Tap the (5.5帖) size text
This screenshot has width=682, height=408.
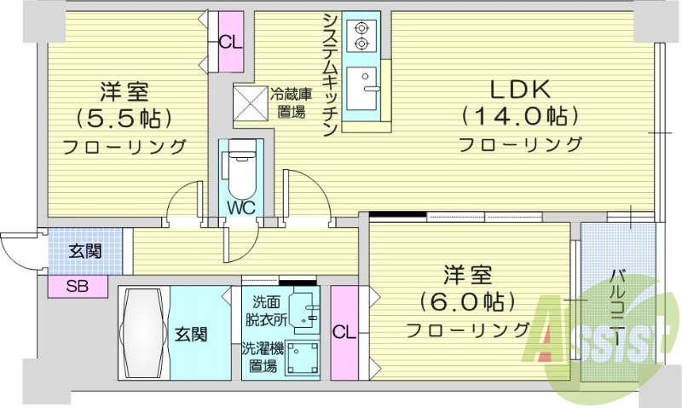pos(124,117)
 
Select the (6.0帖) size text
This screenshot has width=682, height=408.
pos(466,301)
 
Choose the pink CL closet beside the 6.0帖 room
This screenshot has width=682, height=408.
pos(344,331)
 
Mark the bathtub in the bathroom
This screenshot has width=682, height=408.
pos(143,331)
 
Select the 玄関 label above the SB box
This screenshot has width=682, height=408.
pos(84,251)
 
